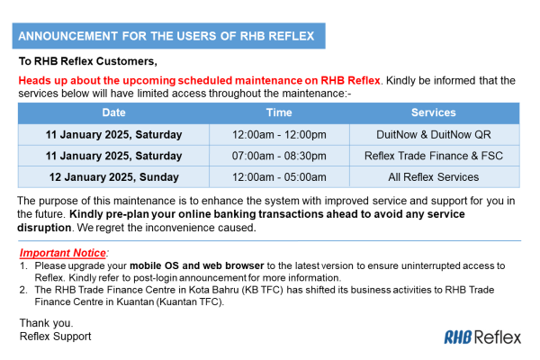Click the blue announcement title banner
(167, 37)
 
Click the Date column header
(113, 113)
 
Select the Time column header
(279, 113)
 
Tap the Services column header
(434, 113)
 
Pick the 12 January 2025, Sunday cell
(113, 177)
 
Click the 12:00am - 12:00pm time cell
(279, 135)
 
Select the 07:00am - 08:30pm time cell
(279, 156)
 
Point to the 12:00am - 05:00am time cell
(279, 177)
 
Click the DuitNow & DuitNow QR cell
(434, 135)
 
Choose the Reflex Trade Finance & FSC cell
(434, 156)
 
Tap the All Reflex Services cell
(434, 177)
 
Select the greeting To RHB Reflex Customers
(88, 62)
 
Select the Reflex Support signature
(55, 336)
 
